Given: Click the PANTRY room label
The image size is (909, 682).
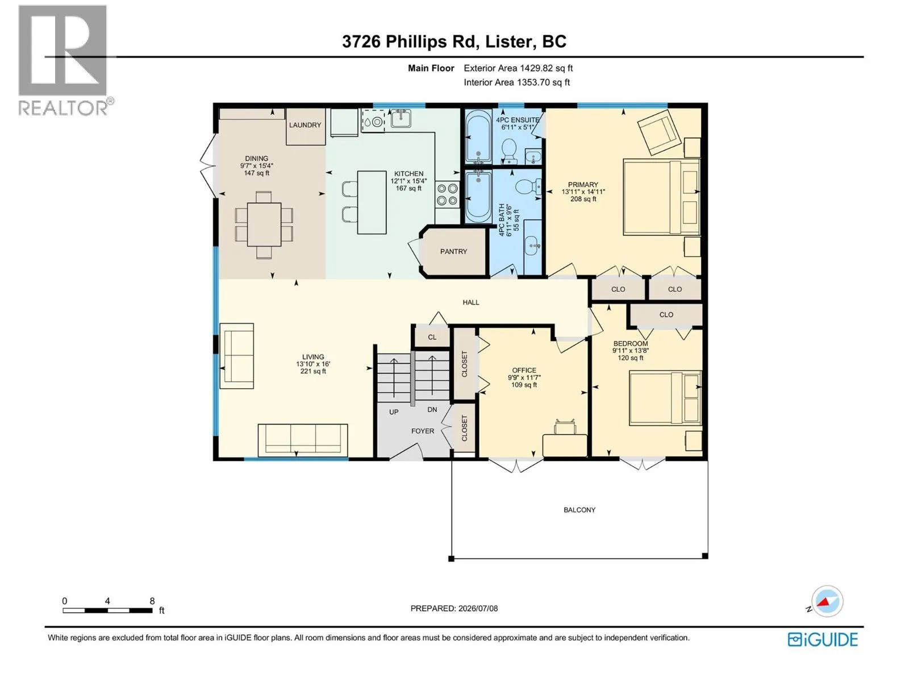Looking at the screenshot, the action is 453,251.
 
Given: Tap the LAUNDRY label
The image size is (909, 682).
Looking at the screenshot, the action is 305,124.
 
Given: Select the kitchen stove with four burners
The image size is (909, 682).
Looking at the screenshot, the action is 447,194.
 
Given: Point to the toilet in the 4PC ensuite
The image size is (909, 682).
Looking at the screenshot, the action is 509,151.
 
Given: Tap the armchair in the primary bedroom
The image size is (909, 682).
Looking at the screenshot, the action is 659,131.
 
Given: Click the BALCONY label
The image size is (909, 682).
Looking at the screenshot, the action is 579,510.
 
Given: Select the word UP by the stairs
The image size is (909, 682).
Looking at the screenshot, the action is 394,412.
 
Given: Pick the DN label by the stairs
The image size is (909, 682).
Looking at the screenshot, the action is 432,410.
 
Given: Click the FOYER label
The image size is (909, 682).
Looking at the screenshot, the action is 423,431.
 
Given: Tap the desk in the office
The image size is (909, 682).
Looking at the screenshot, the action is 565,445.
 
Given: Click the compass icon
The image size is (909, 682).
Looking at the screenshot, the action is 827,601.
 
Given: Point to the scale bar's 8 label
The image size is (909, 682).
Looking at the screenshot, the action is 152,601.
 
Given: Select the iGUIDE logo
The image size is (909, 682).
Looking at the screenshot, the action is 823,640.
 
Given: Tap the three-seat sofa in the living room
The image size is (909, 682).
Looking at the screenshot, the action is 303,440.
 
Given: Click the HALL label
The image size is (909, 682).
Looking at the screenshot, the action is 471,302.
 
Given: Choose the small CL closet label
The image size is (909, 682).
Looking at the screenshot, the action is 432,337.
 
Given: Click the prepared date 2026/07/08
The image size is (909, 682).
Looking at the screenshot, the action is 478,608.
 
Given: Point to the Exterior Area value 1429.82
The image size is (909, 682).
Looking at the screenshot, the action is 536,68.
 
